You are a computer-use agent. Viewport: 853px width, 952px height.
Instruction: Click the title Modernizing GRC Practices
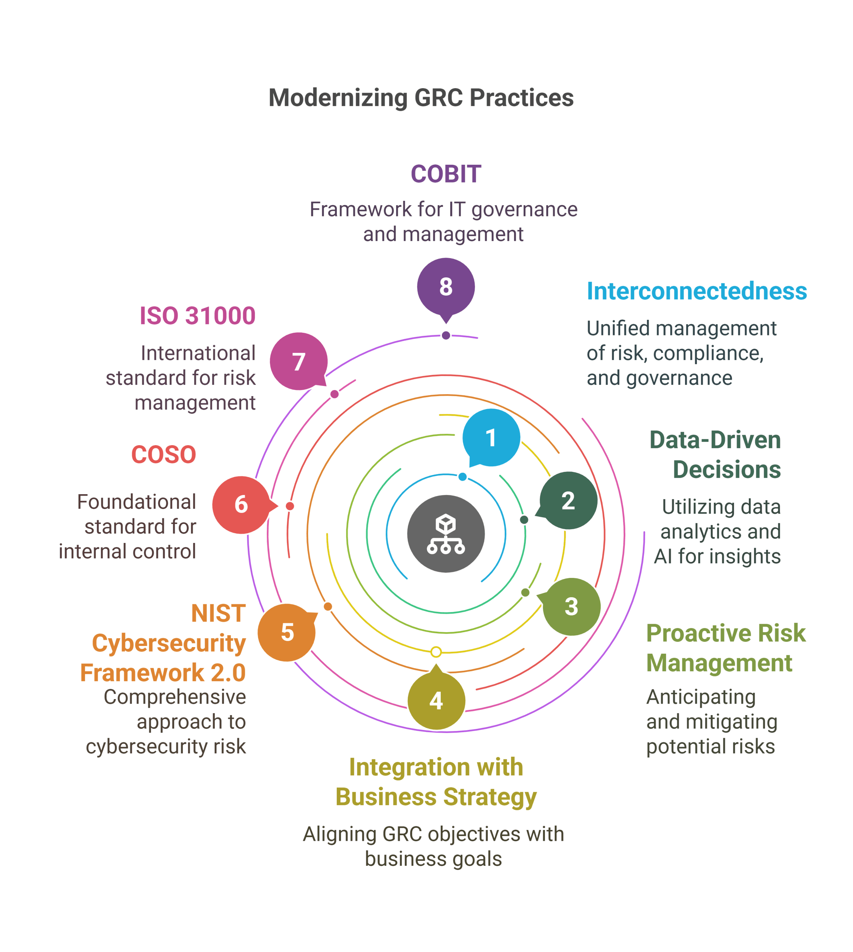click(x=421, y=98)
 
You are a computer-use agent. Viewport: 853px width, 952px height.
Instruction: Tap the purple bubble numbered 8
click(x=446, y=287)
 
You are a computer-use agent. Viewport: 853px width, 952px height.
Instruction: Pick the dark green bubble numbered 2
click(x=568, y=501)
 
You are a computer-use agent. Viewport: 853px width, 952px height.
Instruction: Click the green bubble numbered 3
click(x=571, y=607)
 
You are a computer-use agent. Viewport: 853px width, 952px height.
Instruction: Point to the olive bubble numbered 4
click(x=436, y=701)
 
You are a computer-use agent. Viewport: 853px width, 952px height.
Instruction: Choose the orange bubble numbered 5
click(x=287, y=632)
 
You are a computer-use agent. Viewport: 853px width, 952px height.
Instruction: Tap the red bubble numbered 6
click(x=241, y=505)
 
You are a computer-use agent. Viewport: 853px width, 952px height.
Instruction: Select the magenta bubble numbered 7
click(x=298, y=361)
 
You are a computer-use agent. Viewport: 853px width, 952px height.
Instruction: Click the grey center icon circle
click(x=446, y=534)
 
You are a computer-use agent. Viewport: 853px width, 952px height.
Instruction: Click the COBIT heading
click(x=446, y=174)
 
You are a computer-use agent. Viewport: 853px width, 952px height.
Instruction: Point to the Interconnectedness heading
click(x=697, y=291)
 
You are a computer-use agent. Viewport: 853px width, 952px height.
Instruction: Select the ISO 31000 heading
click(x=197, y=316)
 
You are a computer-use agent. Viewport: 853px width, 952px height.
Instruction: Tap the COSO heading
click(x=164, y=454)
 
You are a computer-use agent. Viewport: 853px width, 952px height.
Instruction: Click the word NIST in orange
click(x=219, y=613)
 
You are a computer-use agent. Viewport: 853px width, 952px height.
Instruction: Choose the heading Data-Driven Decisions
click(x=715, y=454)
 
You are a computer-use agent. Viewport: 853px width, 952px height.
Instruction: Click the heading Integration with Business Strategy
click(x=436, y=782)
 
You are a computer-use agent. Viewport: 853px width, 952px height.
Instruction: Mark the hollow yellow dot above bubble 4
click(x=436, y=652)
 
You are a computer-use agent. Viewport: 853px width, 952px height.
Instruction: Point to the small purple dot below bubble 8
click(x=446, y=335)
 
